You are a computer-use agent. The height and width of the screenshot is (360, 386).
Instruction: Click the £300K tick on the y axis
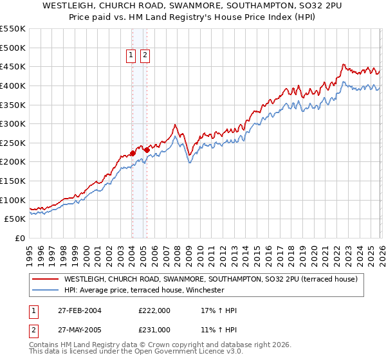tap(13, 123)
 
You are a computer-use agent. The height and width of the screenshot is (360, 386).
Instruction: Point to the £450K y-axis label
tap(13, 66)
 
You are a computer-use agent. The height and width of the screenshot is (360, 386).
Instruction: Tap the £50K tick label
tap(15, 219)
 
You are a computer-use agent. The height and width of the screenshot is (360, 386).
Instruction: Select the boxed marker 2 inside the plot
tap(145, 56)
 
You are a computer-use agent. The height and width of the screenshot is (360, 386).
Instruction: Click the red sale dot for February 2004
tap(133, 153)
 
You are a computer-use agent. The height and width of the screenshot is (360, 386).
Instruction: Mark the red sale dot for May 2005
tap(147, 150)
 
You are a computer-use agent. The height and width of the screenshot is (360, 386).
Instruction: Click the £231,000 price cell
tap(154, 329)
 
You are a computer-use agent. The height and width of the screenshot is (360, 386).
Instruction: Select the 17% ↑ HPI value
tap(219, 310)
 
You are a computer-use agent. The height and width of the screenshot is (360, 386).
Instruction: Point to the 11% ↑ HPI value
tap(219, 329)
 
